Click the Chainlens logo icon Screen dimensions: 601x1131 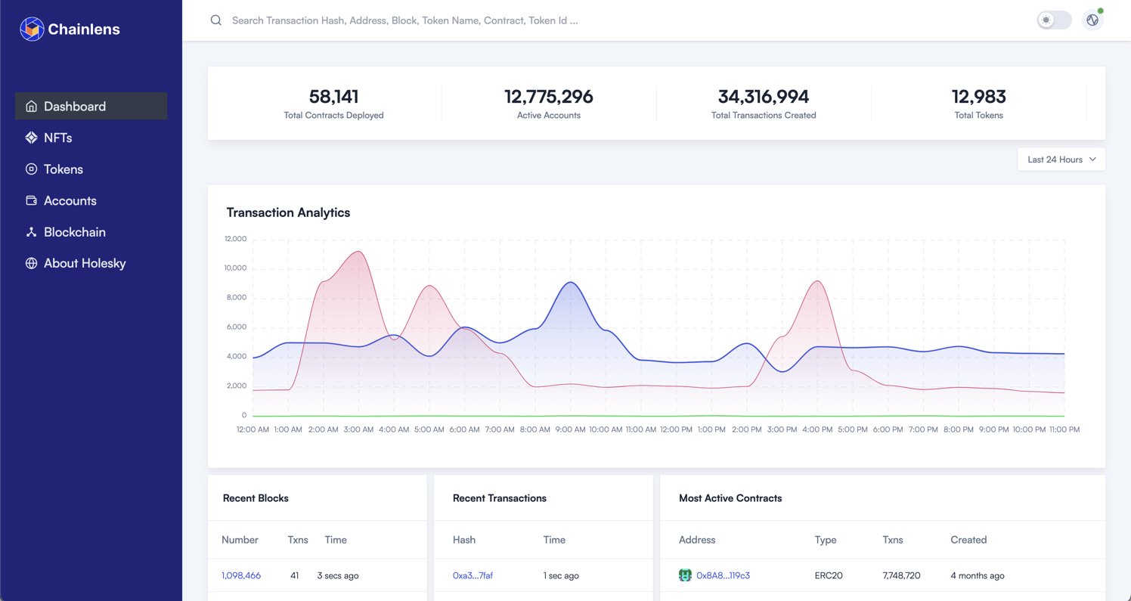click(x=32, y=29)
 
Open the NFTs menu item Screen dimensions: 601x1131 click(x=57, y=138)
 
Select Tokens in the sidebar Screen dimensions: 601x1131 click(x=63, y=169)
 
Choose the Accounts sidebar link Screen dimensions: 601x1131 click(x=70, y=200)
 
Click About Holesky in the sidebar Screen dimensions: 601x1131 click(x=84, y=263)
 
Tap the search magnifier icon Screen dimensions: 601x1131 click(x=216, y=20)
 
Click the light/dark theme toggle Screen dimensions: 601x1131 click(x=1054, y=20)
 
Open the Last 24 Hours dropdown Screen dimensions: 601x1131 click(x=1061, y=160)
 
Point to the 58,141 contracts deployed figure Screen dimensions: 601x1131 click(x=333, y=97)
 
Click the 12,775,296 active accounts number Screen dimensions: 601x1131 click(x=548, y=97)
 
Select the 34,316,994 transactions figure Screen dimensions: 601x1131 click(x=763, y=97)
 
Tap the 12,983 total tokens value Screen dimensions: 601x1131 click(x=978, y=97)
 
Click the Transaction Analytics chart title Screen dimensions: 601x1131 click(x=288, y=212)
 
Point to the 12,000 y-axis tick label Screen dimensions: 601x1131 click(x=235, y=239)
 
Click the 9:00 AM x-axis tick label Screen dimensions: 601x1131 click(x=570, y=429)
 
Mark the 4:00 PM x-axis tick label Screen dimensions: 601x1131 click(x=817, y=429)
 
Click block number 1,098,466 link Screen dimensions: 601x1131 click(x=241, y=575)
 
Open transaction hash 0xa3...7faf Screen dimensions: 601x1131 click(x=473, y=575)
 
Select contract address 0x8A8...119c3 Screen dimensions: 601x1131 click(x=723, y=575)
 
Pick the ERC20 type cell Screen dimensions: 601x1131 click(x=829, y=575)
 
